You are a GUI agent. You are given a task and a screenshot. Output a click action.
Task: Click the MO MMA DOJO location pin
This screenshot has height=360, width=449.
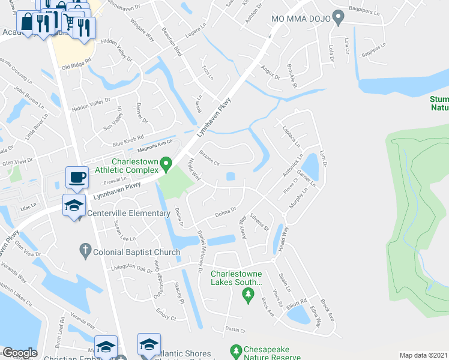pos(338,19)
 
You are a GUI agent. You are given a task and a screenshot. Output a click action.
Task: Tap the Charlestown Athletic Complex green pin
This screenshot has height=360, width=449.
pos(169,163)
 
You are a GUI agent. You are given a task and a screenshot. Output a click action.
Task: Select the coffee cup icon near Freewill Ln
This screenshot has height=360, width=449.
pos(76,178)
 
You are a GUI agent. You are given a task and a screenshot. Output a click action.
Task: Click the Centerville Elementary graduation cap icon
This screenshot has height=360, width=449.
pos(74,205)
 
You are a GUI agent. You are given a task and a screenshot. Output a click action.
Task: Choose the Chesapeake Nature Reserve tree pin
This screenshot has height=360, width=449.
pos(236,350)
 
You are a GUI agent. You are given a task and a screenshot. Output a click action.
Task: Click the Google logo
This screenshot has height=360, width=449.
pos(20,353)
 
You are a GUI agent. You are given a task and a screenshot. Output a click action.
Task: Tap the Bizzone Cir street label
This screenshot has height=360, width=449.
pos(211,157)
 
